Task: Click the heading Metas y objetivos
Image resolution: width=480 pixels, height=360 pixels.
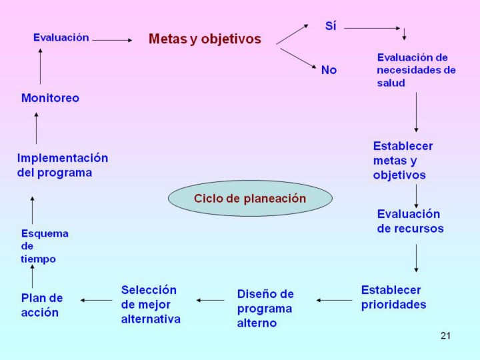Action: [x=205, y=39]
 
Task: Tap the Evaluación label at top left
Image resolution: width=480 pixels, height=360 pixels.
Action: [x=61, y=38]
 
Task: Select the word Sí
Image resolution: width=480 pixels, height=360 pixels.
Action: [x=331, y=27]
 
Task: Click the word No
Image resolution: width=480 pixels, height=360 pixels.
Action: [x=329, y=70]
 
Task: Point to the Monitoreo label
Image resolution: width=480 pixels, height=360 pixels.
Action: [x=50, y=98]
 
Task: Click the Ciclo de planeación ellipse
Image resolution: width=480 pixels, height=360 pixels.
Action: [x=250, y=199]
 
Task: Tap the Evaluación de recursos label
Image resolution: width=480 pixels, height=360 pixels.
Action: [x=410, y=221]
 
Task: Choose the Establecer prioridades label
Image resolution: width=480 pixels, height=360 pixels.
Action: [x=393, y=297]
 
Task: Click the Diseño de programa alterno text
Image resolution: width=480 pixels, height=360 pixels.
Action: [x=265, y=309]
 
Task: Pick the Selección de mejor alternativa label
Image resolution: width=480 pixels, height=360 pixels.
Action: [x=151, y=305]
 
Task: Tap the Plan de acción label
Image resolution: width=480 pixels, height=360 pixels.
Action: [x=42, y=305]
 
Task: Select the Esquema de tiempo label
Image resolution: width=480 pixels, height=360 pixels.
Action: [x=44, y=246]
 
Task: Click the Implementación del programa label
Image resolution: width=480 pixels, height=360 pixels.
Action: [x=62, y=165]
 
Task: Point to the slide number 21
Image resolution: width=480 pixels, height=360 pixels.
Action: [x=445, y=335]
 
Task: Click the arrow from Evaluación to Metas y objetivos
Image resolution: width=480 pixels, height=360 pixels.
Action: [x=112, y=40]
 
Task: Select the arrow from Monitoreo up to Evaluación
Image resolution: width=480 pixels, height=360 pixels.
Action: [x=40, y=67]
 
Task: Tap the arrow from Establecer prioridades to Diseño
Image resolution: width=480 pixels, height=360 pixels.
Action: [x=334, y=300]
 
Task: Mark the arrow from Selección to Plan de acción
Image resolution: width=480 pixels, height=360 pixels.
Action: [x=97, y=300]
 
